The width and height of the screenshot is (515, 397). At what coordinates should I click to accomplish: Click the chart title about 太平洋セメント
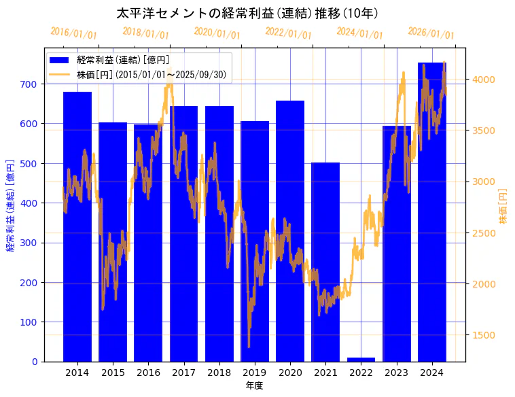click(247, 14)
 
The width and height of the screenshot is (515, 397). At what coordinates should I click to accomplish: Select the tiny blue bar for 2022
click(361, 359)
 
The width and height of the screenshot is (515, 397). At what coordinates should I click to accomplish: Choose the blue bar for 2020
click(290, 231)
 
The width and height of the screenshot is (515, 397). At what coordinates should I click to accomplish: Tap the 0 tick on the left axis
click(35, 362)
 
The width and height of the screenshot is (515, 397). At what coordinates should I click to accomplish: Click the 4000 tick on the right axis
click(483, 80)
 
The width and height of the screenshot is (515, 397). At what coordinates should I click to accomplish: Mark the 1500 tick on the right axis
click(483, 335)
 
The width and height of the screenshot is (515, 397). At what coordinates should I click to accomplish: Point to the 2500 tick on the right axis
click(483, 233)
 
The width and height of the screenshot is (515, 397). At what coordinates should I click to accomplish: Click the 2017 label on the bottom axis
click(183, 373)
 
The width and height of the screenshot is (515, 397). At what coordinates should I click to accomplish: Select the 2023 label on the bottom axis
click(396, 373)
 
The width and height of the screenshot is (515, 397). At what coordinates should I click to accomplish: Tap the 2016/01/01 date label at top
click(73, 33)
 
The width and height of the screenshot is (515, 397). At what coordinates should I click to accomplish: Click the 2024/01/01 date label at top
click(359, 33)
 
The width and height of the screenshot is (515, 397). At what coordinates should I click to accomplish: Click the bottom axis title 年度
click(254, 385)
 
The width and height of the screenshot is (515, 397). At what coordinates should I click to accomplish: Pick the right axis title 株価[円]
click(503, 207)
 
